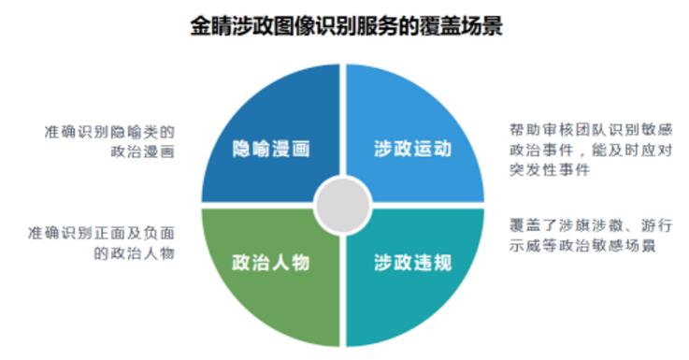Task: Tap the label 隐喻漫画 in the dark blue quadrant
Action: pyautogui.click(x=271, y=150)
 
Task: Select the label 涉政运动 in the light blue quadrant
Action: pyautogui.click(x=412, y=150)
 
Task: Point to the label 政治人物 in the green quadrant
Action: pyautogui.click(x=271, y=262)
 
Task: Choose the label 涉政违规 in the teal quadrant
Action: pyautogui.click(x=412, y=262)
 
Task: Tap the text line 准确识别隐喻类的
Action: pyautogui.click(x=110, y=131)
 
